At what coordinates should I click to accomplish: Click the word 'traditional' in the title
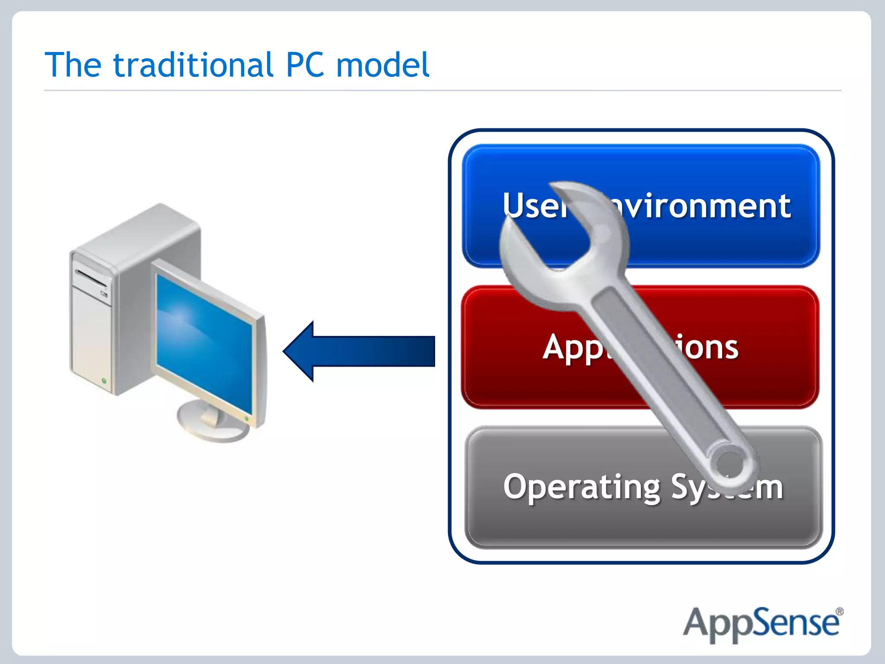pos(193,65)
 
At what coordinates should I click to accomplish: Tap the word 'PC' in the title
pos(305,65)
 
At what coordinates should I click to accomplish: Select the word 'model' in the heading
pos(382,65)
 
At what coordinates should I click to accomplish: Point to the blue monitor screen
pos(203,342)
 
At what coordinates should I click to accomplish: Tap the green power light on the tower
pos(104,381)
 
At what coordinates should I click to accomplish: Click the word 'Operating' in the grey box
pos(582,487)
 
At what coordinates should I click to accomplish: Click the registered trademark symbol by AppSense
pos(839,612)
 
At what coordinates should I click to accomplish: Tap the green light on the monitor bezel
pos(247,418)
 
